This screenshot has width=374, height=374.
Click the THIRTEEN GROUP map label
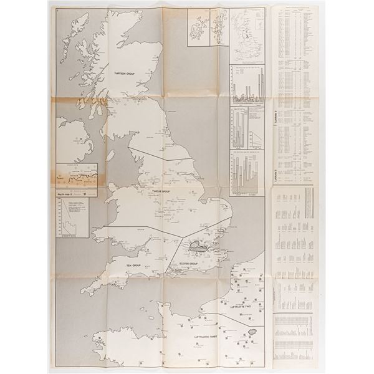click(125, 73)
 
